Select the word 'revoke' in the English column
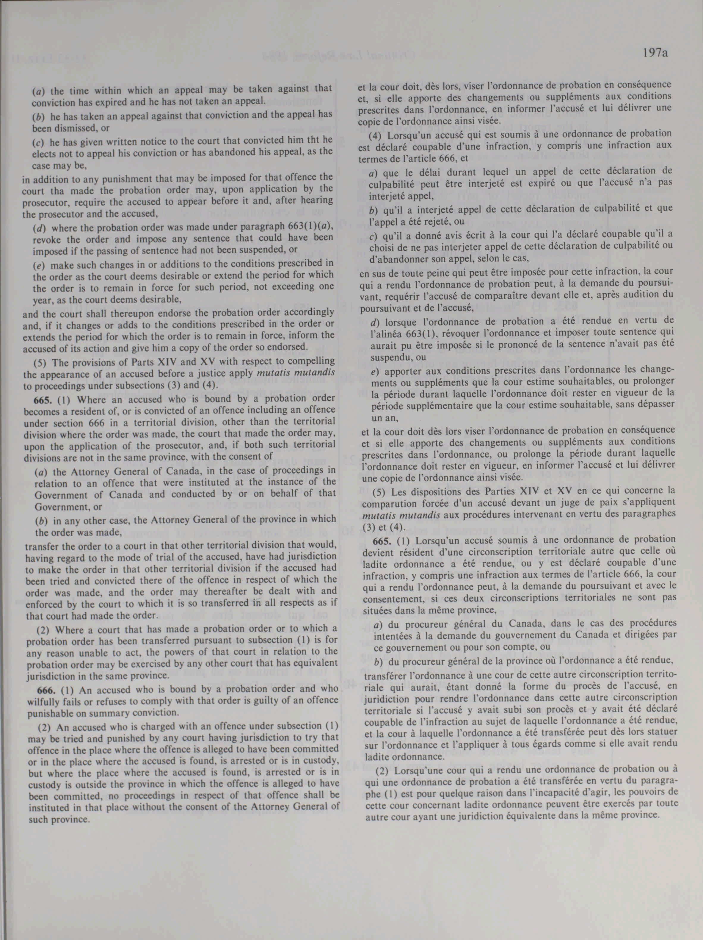click(43, 238)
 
